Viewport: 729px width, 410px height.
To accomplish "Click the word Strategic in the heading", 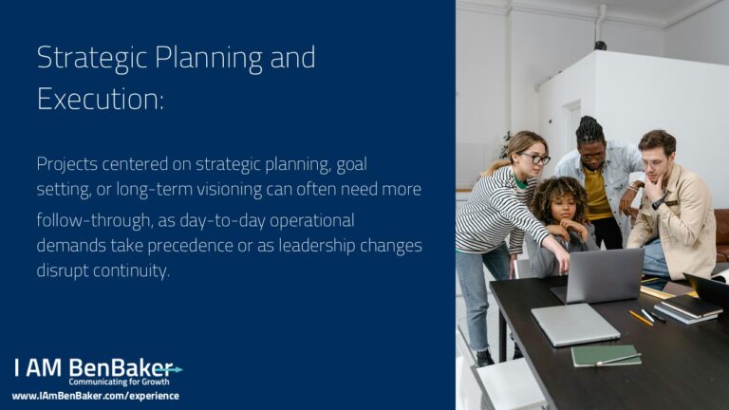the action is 92,59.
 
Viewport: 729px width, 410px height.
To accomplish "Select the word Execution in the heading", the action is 100,99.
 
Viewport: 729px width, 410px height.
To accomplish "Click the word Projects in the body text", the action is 66,164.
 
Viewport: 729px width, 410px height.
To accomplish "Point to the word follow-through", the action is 95,220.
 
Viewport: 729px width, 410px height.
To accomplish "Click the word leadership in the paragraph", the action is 317,246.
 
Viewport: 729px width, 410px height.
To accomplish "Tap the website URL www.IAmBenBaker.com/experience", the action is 96,396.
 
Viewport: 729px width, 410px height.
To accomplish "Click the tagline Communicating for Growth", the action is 119,382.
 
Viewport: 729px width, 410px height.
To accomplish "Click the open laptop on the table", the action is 599,275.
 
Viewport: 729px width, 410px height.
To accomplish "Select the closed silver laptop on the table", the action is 575,325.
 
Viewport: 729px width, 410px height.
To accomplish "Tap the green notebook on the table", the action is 606,356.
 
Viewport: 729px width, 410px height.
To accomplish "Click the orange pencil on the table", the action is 641,318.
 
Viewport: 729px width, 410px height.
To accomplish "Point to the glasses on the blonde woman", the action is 536,159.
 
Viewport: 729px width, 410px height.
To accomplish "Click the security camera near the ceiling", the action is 600,46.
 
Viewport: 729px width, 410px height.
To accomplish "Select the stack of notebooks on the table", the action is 685,308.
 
